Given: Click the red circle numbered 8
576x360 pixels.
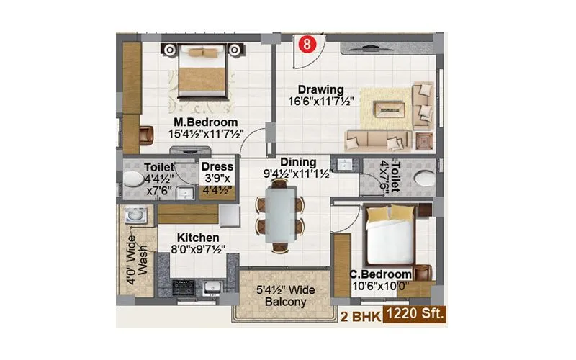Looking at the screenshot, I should point(307,43).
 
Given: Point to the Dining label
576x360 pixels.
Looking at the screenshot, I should point(298,163).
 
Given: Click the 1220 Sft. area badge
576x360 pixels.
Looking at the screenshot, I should point(416,315).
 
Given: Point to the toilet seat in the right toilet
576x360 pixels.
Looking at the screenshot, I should point(423,179).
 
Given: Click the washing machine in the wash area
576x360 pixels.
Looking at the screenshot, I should point(134,216).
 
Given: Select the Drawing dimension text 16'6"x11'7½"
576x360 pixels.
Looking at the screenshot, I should point(321,102).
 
